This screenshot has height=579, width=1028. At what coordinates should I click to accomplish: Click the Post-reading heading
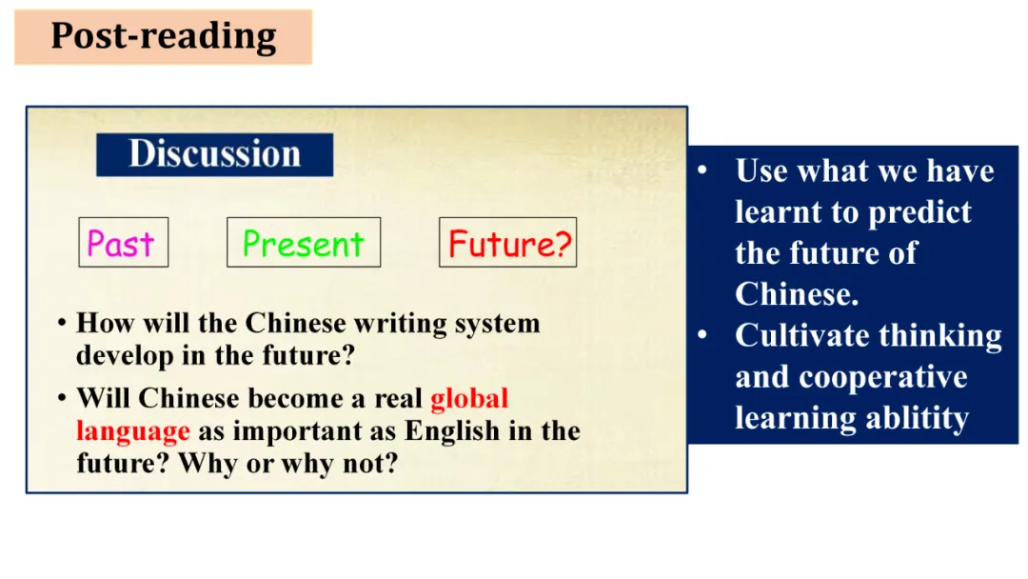pos(164,37)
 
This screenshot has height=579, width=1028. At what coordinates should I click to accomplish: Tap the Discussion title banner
pos(214,155)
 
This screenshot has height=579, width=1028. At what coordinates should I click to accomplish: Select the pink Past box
pos(123,242)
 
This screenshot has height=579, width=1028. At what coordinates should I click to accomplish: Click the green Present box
pos(304,242)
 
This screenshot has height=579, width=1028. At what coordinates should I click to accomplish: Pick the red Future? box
pos(508,242)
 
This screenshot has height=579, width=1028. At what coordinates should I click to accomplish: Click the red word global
pos(469,398)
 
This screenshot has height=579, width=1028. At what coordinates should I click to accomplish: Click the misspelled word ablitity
pos(918,418)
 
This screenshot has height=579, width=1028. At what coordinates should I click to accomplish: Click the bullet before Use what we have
pos(702,170)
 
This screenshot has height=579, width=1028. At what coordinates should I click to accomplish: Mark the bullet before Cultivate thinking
pos(702,335)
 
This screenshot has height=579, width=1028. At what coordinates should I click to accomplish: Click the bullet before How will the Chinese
pos(62,323)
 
